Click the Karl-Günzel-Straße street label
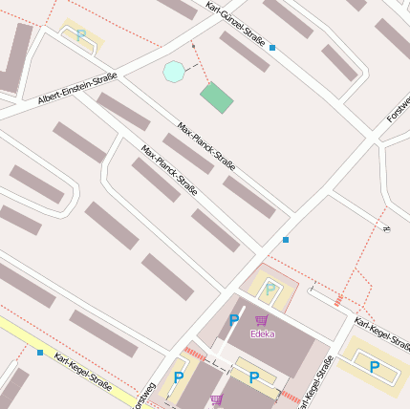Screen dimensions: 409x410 click(x=235, y=22)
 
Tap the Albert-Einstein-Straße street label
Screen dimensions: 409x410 click(x=77, y=88)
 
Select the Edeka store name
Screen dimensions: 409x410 click(x=262, y=334)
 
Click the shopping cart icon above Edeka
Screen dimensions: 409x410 click(x=262, y=320)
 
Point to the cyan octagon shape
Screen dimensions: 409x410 click(x=173, y=71)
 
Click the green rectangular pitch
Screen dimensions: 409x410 click(x=217, y=97)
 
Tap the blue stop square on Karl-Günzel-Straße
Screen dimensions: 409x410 click(x=272, y=47)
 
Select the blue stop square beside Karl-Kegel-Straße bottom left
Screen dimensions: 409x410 click(x=39, y=353)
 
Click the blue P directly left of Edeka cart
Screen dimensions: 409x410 click(x=234, y=320)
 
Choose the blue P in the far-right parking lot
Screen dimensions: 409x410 click(x=375, y=366)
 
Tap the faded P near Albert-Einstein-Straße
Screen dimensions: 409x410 click(x=81, y=34)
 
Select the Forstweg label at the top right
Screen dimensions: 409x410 click(x=397, y=113)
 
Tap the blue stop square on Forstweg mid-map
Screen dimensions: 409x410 click(x=285, y=239)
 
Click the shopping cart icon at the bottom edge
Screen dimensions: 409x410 click(x=217, y=399)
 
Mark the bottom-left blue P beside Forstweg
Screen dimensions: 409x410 click(x=179, y=378)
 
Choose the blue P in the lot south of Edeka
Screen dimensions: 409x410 click(x=253, y=378)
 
